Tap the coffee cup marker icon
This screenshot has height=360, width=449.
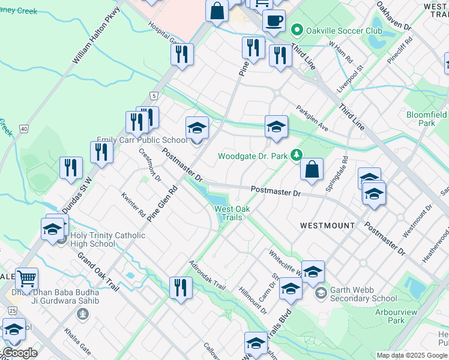(x=274, y=20)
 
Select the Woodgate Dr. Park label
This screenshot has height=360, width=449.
(x=252, y=156)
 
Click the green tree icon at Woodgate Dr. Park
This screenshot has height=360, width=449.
(x=296, y=156)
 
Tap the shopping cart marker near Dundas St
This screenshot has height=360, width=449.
(x=26, y=279)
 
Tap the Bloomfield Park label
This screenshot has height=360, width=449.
(x=426, y=118)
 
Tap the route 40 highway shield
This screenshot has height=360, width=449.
(x=23, y=128)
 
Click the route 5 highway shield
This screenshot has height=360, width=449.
(x=154, y=96)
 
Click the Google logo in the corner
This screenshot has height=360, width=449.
(x=20, y=353)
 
